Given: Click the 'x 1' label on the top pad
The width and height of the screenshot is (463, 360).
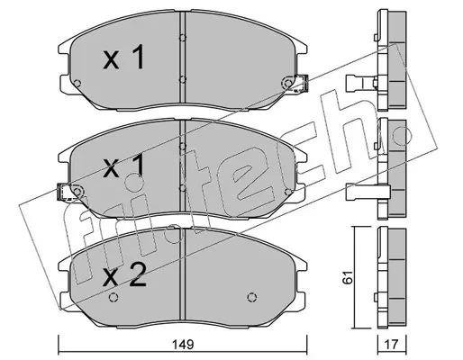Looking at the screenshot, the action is pyautogui.click(x=124, y=58).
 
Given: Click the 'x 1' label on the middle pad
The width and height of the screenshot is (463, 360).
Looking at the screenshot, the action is pyautogui.click(x=124, y=166).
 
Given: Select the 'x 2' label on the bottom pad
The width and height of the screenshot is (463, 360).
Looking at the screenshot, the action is pyautogui.click(x=124, y=274).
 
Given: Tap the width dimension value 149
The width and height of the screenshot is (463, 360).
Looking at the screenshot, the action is pyautogui.click(x=184, y=344).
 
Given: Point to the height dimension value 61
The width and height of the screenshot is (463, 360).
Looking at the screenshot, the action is pyautogui.click(x=349, y=277).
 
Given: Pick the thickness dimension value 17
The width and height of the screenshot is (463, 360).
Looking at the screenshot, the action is pyautogui.click(x=392, y=344).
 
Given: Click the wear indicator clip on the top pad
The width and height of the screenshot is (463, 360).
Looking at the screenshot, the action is pyautogui.click(x=301, y=83).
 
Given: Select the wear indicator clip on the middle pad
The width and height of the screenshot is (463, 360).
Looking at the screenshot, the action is pyautogui.click(x=63, y=192).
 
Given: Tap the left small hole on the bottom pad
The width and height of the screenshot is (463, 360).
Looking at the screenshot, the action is pyautogui.click(x=113, y=297).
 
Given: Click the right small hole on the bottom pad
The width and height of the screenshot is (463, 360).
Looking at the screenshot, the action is pyautogui.click(x=252, y=297).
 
